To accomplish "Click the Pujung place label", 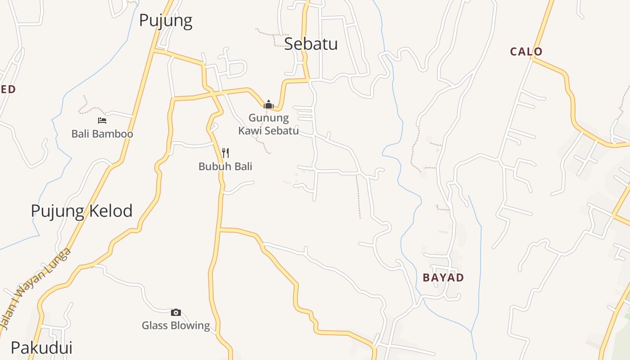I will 166,21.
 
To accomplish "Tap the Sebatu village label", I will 311,44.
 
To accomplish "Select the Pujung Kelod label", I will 81,211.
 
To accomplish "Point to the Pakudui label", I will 41,347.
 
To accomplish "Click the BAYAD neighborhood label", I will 443,277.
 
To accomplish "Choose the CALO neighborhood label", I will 526,51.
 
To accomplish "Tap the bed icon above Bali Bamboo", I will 102,121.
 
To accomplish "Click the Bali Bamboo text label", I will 102,134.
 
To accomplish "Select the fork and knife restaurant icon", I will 225,153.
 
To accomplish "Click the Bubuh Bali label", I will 225,166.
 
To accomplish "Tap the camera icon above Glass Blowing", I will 176,312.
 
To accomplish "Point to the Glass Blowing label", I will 176,325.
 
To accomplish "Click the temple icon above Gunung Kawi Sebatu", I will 269,104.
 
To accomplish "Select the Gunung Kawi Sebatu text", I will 269,124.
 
